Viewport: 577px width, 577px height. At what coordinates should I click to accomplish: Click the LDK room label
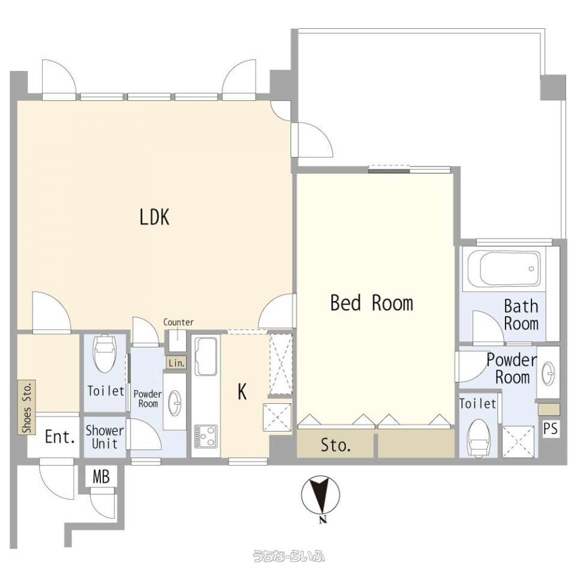pos(154,217)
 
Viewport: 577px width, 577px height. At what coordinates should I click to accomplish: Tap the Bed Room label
pos(371,303)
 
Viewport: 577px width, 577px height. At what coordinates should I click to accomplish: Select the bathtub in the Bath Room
pos(504,269)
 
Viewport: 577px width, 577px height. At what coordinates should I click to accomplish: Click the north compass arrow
pos(320,495)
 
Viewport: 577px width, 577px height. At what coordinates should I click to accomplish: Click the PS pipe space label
pos(551,429)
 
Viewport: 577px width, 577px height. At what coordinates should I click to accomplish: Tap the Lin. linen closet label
pos(176,363)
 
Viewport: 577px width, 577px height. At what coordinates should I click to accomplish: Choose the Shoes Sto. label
pos(27,407)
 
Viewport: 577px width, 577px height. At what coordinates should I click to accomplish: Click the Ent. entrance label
pos(60,437)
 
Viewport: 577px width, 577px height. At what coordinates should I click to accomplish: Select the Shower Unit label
pos(105,437)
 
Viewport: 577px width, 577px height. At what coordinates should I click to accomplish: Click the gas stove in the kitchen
pos(206,436)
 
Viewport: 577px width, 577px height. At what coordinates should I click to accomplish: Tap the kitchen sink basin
pos(206,356)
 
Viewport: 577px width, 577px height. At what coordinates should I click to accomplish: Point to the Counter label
pos(178,322)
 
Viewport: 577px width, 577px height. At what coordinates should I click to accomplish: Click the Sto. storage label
pos(335,445)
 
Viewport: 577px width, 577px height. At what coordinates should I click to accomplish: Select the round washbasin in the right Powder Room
pos(548,374)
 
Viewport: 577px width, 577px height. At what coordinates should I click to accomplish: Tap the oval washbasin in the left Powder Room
pos(174,400)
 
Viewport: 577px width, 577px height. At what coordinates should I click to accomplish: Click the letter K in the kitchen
pos(242,391)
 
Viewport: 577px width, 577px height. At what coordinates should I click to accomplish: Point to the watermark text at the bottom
pos(288,555)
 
